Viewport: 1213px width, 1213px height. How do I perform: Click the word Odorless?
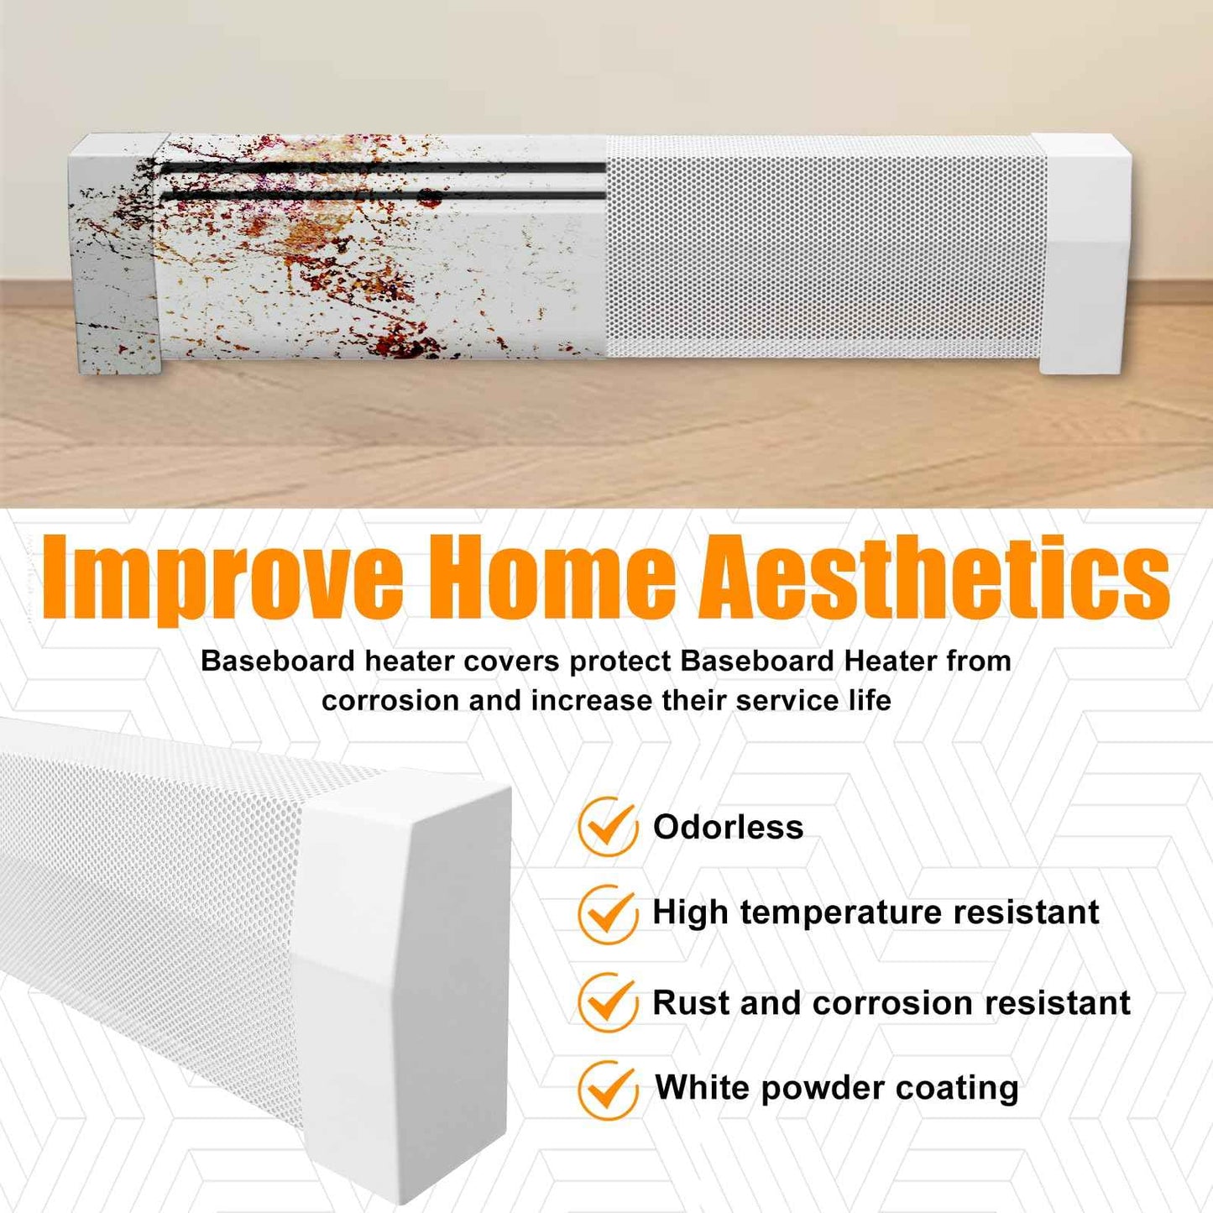pyautogui.click(x=728, y=828)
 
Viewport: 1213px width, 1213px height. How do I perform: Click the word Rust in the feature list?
pyautogui.click(x=690, y=1003)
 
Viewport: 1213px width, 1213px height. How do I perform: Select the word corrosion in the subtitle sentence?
pyautogui.click(x=391, y=700)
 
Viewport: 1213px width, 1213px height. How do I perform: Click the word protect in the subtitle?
pyautogui.click(x=620, y=661)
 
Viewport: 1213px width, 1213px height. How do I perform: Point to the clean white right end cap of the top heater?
pyautogui.click(x=1084, y=252)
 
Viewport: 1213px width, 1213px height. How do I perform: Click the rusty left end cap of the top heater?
pyautogui.click(x=118, y=252)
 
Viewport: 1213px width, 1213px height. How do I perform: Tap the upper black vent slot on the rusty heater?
pyautogui.click(x=383, y=169)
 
